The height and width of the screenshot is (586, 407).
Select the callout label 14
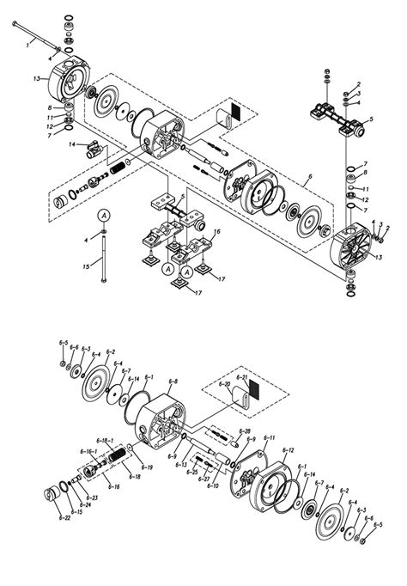tap(73, 143)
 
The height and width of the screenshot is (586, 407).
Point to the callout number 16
tap(218, 232)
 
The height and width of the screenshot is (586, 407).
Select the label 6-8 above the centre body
tap(173, 381)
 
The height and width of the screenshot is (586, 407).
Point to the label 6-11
tap(269, 438)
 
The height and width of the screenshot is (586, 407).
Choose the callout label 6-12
tap(288, 450)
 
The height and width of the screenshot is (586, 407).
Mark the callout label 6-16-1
tap(88, 450)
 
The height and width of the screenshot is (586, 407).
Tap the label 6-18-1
tap(107, 440)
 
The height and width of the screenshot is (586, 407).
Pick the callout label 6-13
tap(181, 464)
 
